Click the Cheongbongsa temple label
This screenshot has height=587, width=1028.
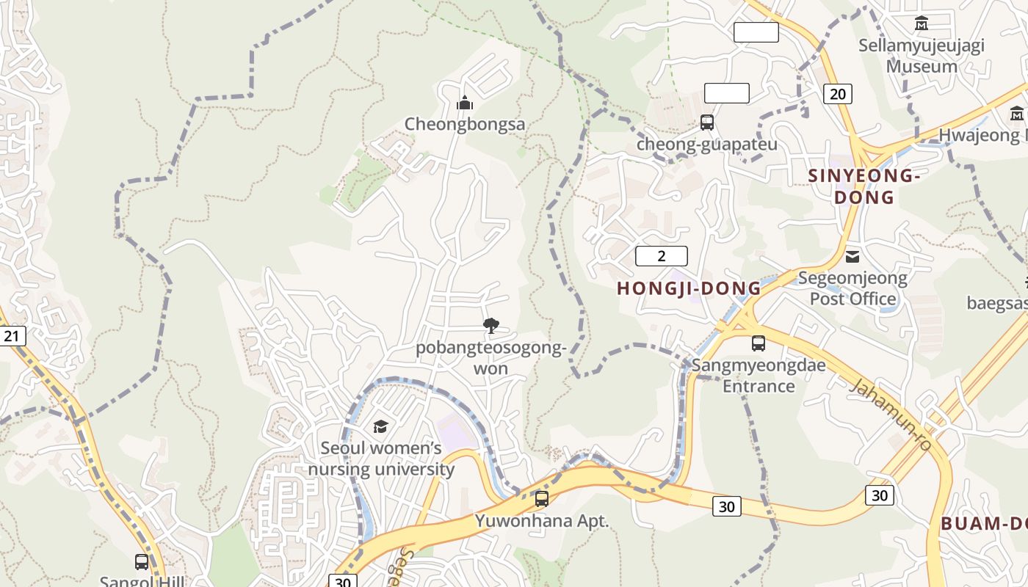pyautogui.click(x=465, y=124)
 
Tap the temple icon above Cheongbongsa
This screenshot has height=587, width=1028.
pyautogui.click(x=465, y=103)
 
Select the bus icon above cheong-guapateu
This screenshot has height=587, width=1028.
pyautogui.click(x=707, y=123)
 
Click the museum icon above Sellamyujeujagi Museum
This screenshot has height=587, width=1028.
pyautogui.click(x=922, y=23)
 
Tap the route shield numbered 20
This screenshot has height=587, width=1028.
pyautogui.click(x=838, y=93)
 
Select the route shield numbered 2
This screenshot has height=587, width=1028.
pyautogui.click(x=661, y=256)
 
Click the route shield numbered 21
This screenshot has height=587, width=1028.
pyautogui.click(x=11, y=336)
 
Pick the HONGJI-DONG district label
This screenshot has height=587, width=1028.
pyautogui.click(x=689, y=288)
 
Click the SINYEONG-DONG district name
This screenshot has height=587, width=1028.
pyautogui.click(x=864, y=186)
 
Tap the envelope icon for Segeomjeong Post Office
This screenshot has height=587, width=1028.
pyautogui.click(x=853, y=256)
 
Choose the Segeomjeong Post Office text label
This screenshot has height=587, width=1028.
pyautogui.click(x=853, y=288)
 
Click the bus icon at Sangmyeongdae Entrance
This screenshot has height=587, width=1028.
pyautogui.click(x=759, y=343)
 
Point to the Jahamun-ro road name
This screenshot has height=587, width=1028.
pyautogui.click(x=891, y=415)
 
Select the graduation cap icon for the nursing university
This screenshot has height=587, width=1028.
pyautogui.click(x=380, y=426)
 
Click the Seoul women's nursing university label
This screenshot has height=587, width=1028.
pyautogui.click(x=381, y=459)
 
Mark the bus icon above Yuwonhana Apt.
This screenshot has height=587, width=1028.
pyautogui.click(x=542, y=499)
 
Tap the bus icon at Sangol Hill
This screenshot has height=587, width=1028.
pyautogui.click(x=142, y=562)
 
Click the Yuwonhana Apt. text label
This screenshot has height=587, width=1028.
pyautogui.click(x=542, y=521)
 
